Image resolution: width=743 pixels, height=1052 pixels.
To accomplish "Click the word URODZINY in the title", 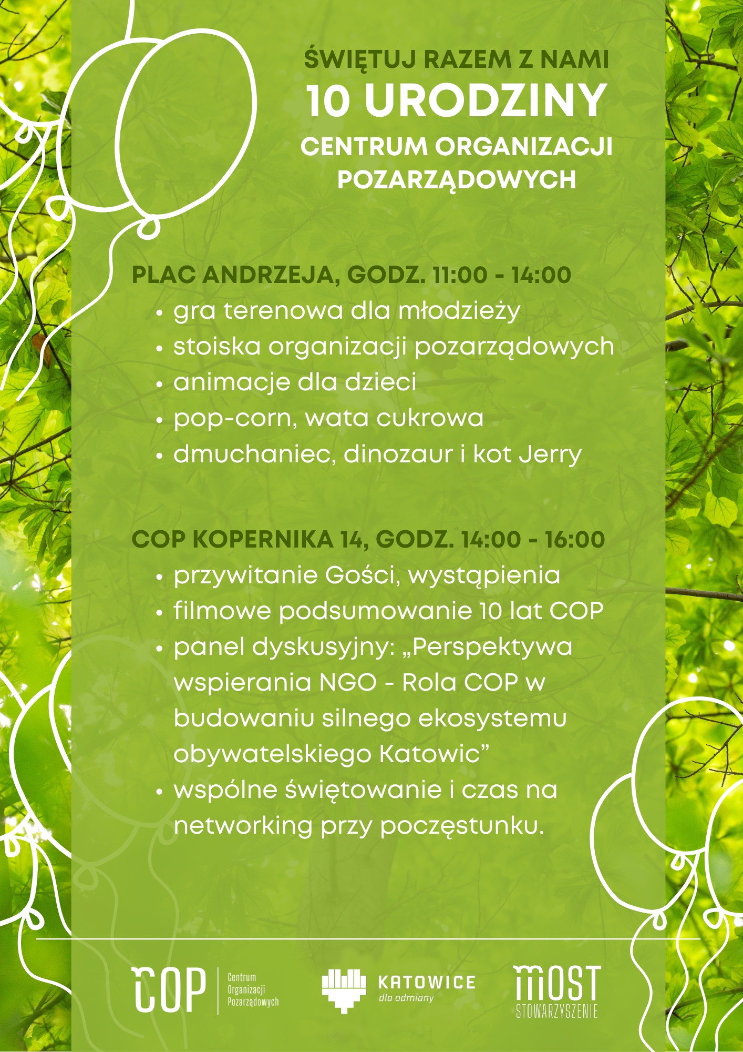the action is pos(486,100).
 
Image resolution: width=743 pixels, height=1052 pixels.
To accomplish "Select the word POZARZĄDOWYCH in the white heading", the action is pos(456,180).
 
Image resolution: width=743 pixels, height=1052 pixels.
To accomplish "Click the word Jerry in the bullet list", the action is pos(550,455).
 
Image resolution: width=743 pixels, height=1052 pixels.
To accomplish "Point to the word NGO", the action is pos(348,683).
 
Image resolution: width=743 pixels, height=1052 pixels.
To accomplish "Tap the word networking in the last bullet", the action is pos(243,826).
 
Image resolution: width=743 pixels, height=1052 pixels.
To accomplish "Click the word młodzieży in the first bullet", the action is pos(459,311).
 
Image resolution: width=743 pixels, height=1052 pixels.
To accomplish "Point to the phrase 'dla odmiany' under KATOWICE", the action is pos(406,998).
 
